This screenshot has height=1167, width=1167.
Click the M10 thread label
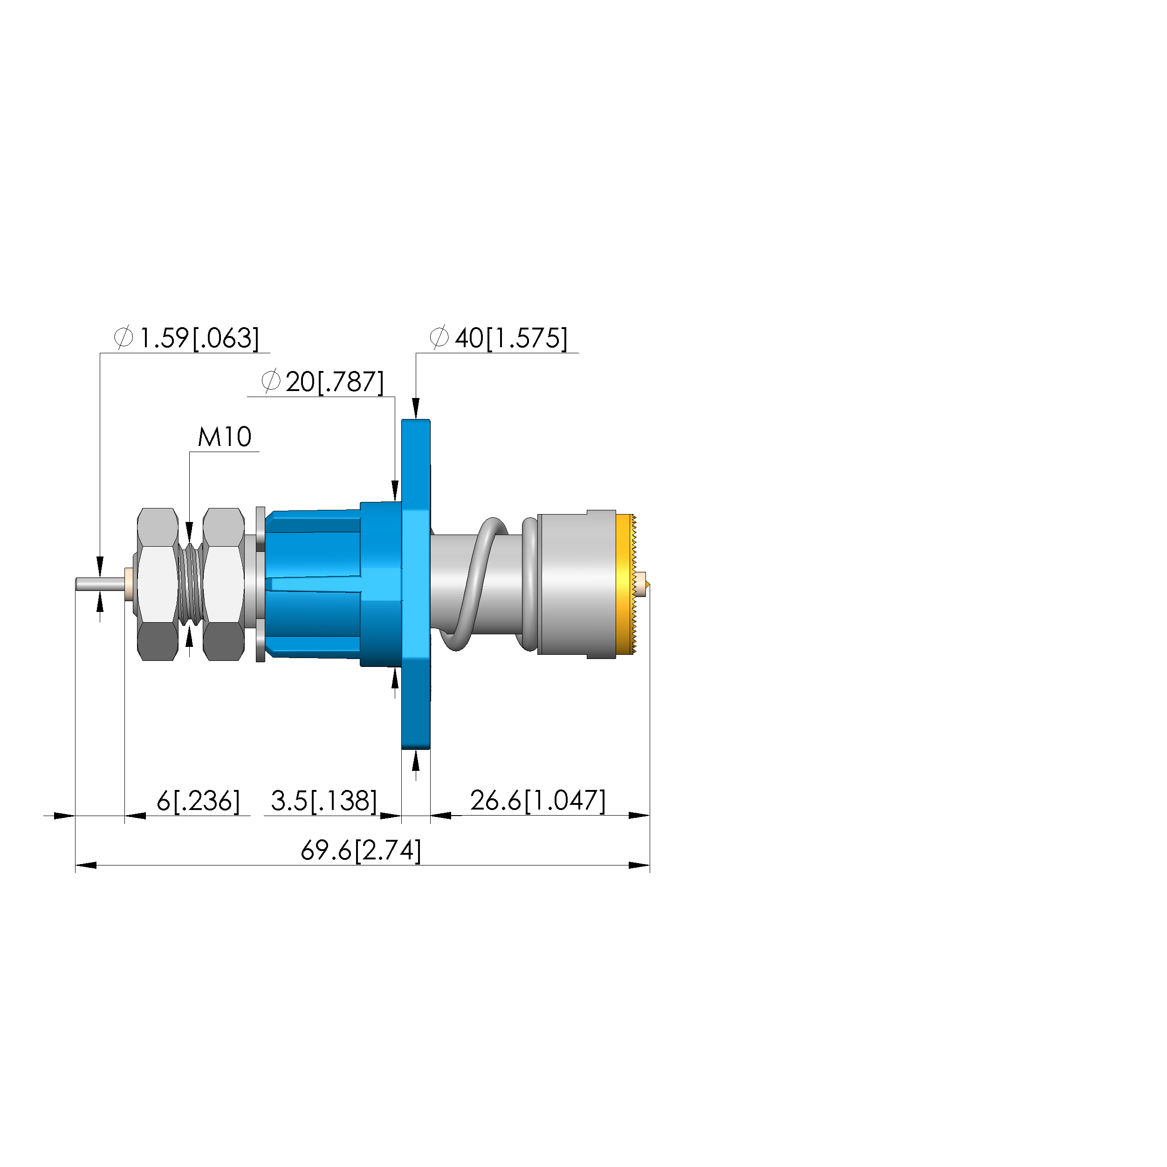click(x=224, y=437)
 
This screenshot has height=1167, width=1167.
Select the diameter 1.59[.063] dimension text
click(x=186, y=338)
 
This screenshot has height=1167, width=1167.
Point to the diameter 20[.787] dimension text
click(x=323, y=382)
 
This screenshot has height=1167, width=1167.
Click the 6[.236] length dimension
click(x=198, y=801)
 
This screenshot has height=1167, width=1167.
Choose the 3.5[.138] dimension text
click(x=324, y=801)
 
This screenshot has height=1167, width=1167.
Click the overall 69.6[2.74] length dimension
click(x=361, y=851)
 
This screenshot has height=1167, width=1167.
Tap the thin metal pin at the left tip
click(x=100, y=584)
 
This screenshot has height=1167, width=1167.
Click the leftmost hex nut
click(x=157, y=584)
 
